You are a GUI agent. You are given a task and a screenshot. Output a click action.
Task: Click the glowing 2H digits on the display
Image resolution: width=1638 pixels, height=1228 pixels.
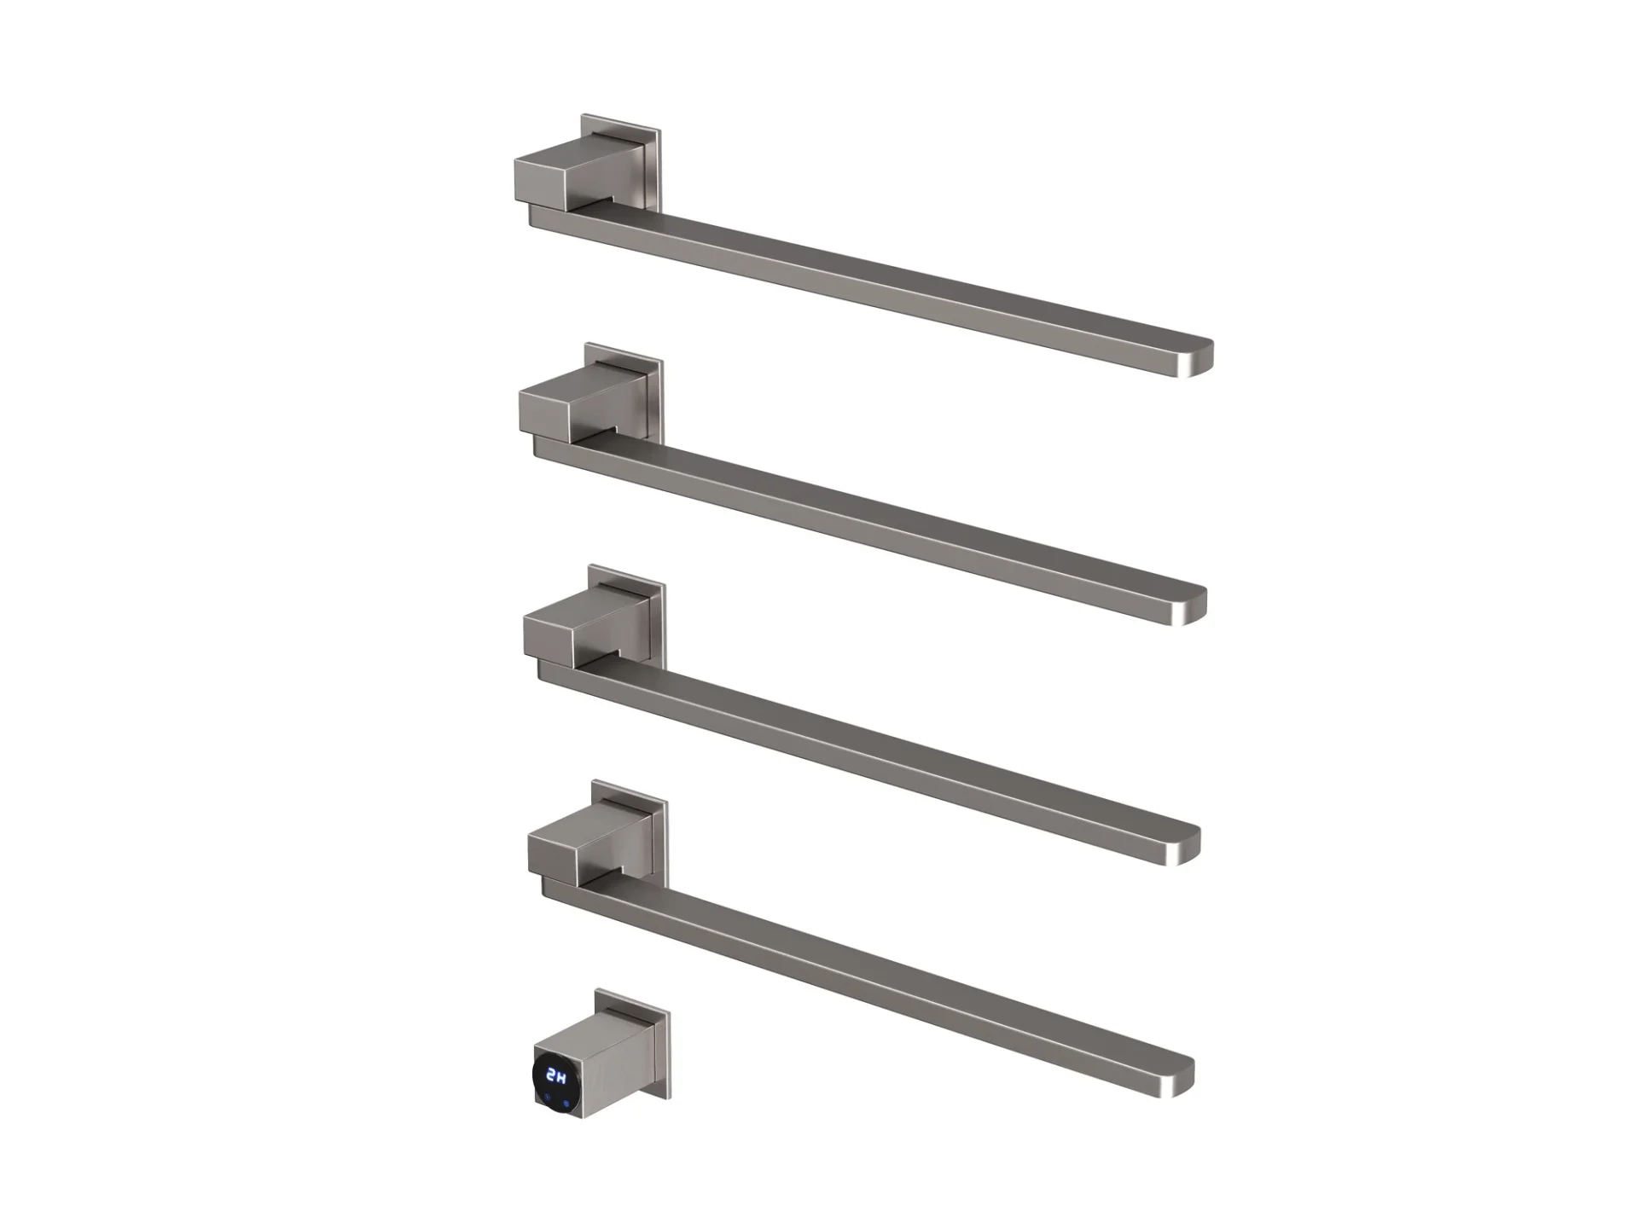556,1075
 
